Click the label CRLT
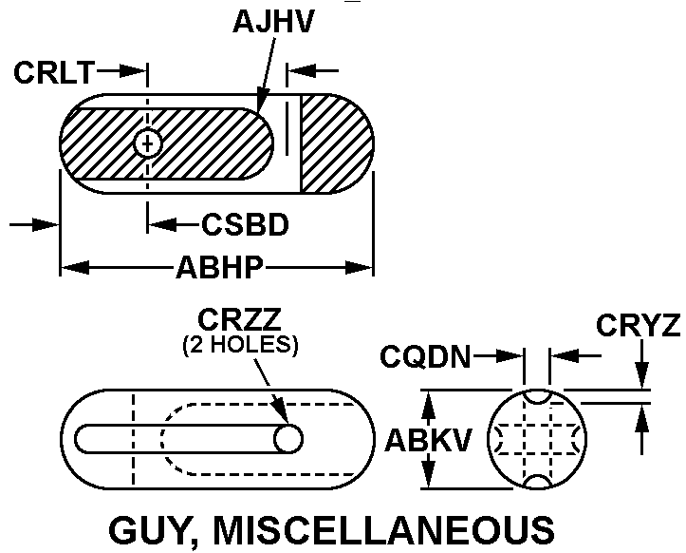pyautogui.click(x=53, y=72)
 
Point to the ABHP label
pyautogui.click(x=217, y=269)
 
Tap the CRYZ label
pyautogui.click(x=639, y=326)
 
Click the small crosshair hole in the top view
pyautogui.click(x=147, y=143)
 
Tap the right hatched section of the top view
pyautogui.click(x=334, y=143)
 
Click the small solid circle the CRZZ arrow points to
pyautogui.click(x=288, y=438)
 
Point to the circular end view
pyautogui.click(x=536, y=438)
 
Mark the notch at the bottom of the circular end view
pyautogui.click(x=536, y=482)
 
